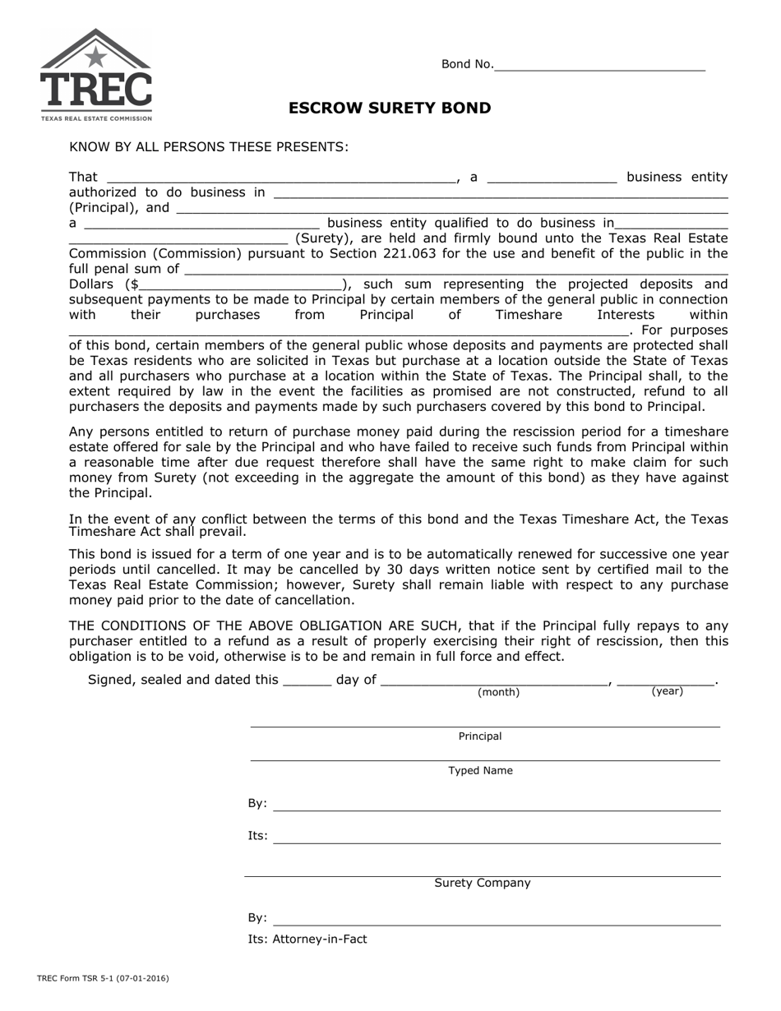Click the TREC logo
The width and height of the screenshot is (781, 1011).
click(x=96, y=75)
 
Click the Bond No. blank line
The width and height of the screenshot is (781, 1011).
click(x=599, y=65)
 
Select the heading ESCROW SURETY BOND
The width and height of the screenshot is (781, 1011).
click(x=390, y=108)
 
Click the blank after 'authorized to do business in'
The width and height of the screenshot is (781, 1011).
click(x=500, y=192)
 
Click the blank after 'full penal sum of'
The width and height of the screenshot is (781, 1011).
click(x=456, y=269)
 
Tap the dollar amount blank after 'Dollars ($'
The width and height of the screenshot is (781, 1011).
click(x=240, y=284)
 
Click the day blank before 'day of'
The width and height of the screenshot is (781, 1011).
click(x=307, y=680)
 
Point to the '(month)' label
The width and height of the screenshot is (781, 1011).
click(x=498, y=693)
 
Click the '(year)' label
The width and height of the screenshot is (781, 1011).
click(x=667, y=692)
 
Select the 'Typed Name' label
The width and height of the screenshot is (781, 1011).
click(x=480, y=771)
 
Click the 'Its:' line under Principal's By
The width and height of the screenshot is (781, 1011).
click(x=496, y=837)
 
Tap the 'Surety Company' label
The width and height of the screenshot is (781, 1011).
click(x=483, y=884)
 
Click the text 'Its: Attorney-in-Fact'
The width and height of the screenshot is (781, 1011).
click(x=307, y=939)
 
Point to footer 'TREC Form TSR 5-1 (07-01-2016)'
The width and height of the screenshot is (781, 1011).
click(x=103, y=979)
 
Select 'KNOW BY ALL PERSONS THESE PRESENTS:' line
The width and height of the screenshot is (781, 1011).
click(x=209, y=147)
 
